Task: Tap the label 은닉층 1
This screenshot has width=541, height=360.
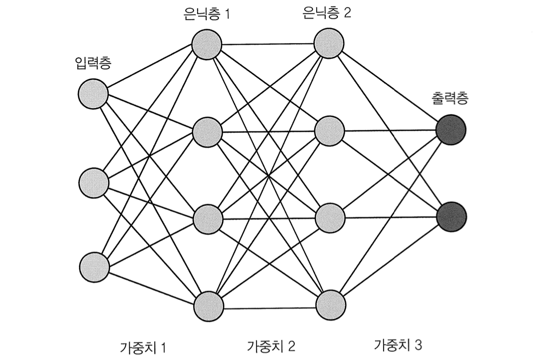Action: tap(207, 14)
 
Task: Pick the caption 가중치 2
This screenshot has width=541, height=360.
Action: tap(272, 346)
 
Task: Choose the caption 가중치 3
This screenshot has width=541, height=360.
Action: tap(399, 345)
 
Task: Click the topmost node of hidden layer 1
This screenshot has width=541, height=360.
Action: tap(207, 44)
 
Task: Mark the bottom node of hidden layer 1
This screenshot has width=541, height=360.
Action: tap(208, 305)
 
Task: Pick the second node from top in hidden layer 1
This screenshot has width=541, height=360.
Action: tap(207, 132)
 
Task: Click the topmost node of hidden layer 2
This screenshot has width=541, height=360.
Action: tap(329, 43)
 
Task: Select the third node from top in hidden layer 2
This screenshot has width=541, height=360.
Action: tap(330, 217)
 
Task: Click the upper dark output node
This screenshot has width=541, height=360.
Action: tap(451, 130)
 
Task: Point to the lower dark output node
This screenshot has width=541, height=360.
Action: tap(452, 216)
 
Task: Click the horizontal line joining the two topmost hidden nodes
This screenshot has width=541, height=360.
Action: tap(268, 44)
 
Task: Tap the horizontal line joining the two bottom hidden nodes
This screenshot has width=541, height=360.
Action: tap(269, 306)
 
